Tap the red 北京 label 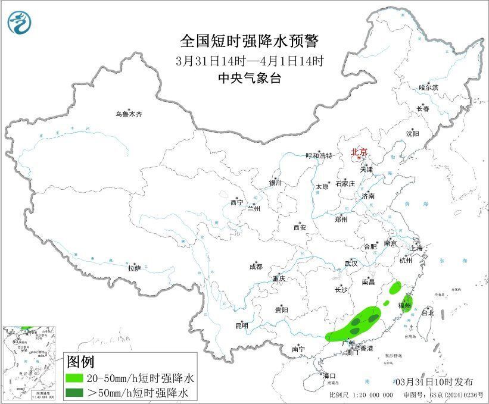pyautogui.click(x=359, y=152)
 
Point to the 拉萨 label pyautogui.click(x=134, y=268)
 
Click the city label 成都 pyautogui.click(x=257, y=267)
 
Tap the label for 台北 pyautogui.click(x=428, y=312)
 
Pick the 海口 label pyautogui.click(x=329, y=375)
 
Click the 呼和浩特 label pyautogui.click(x=319, y=156)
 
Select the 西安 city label pyautogui.click(x=300, y=227)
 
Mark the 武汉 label pyautogui.click(x=351, y=263)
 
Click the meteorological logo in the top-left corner pyautogui.click(x=19, y=22)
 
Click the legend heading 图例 pyautogui.click(x=80, y=361)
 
